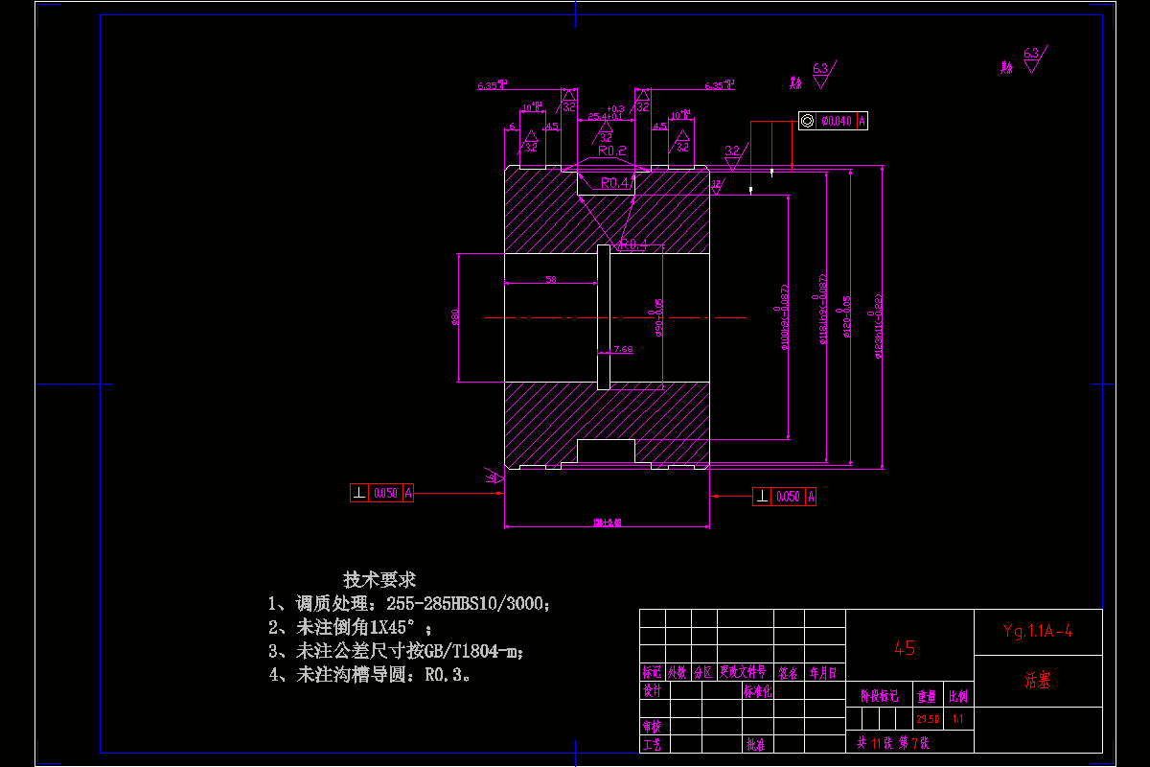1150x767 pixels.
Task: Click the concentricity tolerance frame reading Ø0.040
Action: click(x=833, y=121)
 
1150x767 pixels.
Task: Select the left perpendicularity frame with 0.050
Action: click(x=382, y=493)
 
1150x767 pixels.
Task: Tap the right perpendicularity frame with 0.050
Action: click(x=785, y=497)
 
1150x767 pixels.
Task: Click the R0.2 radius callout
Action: click(x=611, y=151)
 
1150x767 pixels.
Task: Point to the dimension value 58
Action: click(x=551, y=279)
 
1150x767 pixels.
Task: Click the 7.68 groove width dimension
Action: click(x=623, y=349)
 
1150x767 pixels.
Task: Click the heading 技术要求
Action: click(x=379, y=579)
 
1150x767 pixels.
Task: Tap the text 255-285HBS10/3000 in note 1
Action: click(x=467, y=604)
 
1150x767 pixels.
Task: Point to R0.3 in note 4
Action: click(x=447, y=674)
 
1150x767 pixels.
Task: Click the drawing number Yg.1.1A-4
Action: click(x=1037, y=631)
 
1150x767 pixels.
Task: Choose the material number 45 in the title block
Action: click(x=904, y=648)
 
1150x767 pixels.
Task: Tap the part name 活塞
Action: click(x=1037, y=681)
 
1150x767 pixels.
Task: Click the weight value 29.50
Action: click(x=927, y=719)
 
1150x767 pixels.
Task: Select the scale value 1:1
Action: click(x=957, y=719)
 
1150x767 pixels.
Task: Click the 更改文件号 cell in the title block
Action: click(x=744, y=672)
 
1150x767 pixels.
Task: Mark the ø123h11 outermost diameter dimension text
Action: click(x=878, y=326)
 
